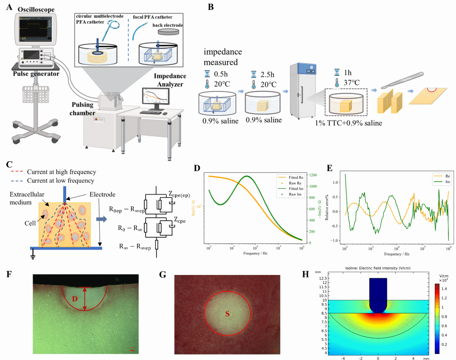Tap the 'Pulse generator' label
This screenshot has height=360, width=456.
[36, 74]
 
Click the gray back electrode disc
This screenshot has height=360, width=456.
[168, 32]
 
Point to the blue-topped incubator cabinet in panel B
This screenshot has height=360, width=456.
[302, 91]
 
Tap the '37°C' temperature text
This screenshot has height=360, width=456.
[351, 83]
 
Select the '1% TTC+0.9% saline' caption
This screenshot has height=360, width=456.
[348, 123]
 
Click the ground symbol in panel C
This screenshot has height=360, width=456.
[33, 255]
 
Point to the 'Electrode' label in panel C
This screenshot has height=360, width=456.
[102, 194]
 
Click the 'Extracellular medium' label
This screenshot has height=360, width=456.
[27, 198]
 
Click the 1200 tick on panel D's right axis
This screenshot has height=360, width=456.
[313, 175]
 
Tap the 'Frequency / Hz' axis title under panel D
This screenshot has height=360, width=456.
[255, 253]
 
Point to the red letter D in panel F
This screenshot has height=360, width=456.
[75, 298]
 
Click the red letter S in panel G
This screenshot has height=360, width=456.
[227, 314]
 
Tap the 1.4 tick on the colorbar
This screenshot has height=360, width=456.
[444, 289]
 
